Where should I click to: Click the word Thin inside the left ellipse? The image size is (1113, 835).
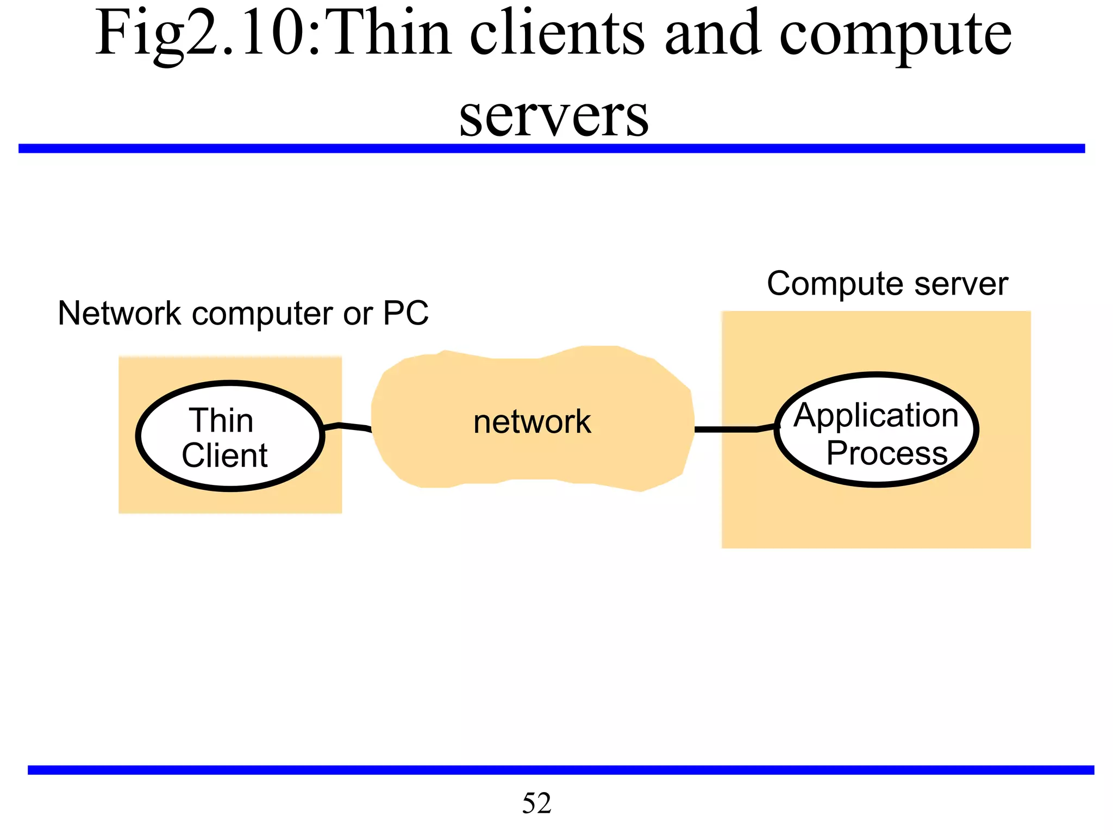click(221, 421)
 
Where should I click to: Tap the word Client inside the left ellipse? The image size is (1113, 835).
click(224, 456)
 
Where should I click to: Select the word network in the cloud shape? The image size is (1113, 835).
click(532, 422)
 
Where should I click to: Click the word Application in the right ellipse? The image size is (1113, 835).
click(876, 416)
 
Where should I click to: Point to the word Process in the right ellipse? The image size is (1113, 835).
click(887, 453)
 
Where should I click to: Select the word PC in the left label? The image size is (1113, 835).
click(406, 313)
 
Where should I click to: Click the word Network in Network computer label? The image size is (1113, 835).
click(119, 313)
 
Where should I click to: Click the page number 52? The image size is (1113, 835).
click(536, 803)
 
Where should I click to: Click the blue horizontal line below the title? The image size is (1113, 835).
click(552, 148)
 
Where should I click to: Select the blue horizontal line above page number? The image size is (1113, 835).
click(560, 770)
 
